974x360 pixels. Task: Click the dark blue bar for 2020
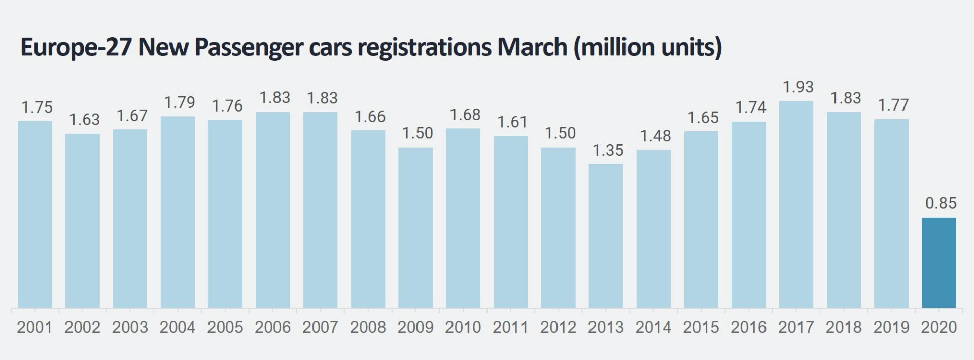point(938,263)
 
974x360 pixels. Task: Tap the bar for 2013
point(606,236)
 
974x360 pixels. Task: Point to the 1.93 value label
point(798,87)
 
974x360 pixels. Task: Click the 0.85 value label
point(941,203)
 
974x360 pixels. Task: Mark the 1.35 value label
point(608,150)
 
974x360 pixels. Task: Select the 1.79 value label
point(180,102)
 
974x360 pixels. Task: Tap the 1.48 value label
point(655,136)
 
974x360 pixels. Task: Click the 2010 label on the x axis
point(463,328)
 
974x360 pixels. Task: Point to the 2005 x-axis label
point(225,328)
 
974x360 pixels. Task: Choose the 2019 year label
point(891,328)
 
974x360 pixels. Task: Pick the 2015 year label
point(701,328)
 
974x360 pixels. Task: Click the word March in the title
point(532,47)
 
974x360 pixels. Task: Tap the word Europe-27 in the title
point(76,47)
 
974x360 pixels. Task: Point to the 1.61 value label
point(512,122)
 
